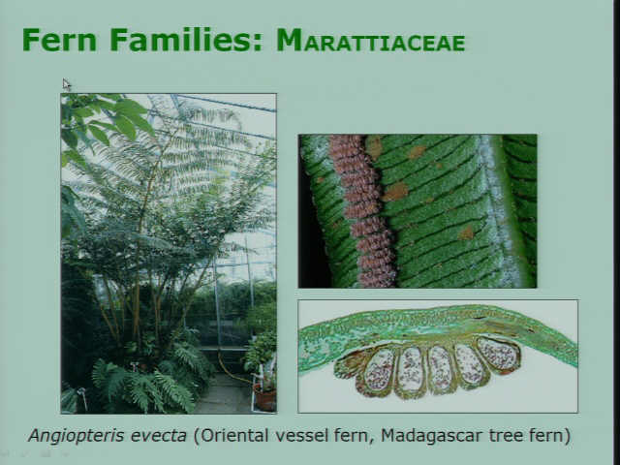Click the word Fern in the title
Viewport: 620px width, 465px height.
click(59, 40)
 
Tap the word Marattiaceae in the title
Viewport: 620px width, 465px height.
click(370, 41)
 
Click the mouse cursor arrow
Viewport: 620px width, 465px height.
click(67, 84)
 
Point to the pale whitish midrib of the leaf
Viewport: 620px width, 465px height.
click(499, 209)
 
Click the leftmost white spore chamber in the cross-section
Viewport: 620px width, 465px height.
click(379, 370)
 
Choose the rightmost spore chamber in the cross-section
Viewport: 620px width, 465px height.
click(499, 355)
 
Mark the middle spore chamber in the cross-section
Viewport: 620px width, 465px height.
click(439, 368)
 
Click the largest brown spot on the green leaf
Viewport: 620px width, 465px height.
click(395, 192)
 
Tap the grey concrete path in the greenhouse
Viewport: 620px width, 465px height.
click(224, 395)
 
